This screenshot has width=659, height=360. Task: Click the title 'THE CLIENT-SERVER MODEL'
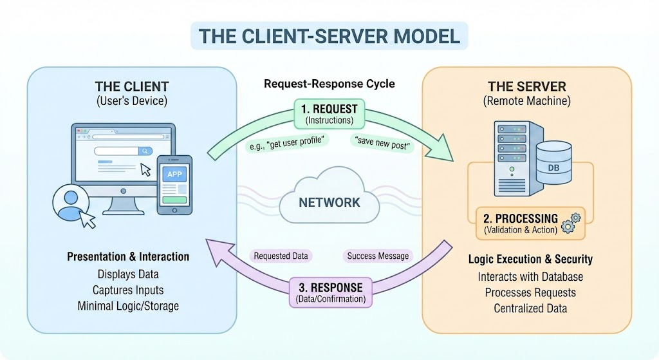[x=329, y=36]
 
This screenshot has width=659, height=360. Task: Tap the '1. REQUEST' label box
[x=329, y=113]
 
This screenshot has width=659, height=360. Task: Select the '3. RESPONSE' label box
[x=331, y=292]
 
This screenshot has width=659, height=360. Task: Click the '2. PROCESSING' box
[x=530, y=223]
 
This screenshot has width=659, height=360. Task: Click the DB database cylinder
[x=553, y=163]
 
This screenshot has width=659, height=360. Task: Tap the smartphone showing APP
[x=174, y=185]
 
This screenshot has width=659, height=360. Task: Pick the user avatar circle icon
[x=71, y=202]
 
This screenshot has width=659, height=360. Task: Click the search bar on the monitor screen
[x=123, y=151]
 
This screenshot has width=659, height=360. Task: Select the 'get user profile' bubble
[x=286, y=143]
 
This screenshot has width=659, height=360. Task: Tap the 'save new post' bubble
[x=382, y=143]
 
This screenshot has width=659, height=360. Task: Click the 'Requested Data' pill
[x=281, y=256]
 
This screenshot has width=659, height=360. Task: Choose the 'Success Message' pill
[x=378, y=256]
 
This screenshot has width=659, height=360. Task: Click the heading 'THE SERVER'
[x=527, y=87]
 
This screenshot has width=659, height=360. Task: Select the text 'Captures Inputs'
[x=128, y=290]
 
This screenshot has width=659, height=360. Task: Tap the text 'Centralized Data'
[x=530, y=308]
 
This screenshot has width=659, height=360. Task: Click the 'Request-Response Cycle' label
[x=329, y=84]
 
